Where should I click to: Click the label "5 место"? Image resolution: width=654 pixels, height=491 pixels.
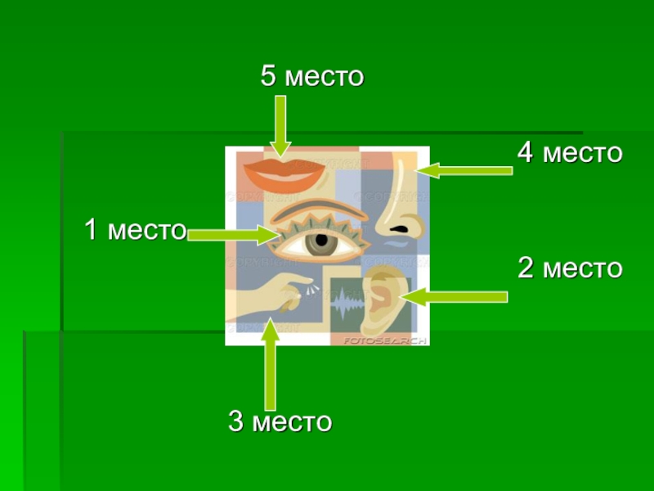point(311,77)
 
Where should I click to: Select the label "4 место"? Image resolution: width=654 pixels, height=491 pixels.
point(570,152)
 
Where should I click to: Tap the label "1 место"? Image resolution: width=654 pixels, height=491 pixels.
point(136,230)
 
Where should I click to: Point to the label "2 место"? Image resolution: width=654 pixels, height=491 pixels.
point(570,268)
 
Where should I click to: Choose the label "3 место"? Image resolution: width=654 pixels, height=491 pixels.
point(280,422)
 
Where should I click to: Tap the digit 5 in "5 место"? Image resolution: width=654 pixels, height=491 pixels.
point(269,77)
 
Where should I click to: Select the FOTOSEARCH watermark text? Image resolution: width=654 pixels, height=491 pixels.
point(383,339)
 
